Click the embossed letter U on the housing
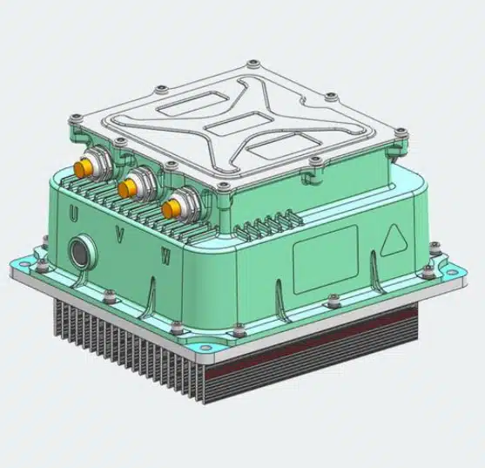(x=73, y=214)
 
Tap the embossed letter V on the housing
(x=119, y=235)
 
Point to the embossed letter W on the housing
(x=165, y=256)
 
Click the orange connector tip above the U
(x=81, y=168)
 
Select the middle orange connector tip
(x=126, y=188)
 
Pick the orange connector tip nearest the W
(x=170, y=208)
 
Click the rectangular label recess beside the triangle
(x=326, y=260)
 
